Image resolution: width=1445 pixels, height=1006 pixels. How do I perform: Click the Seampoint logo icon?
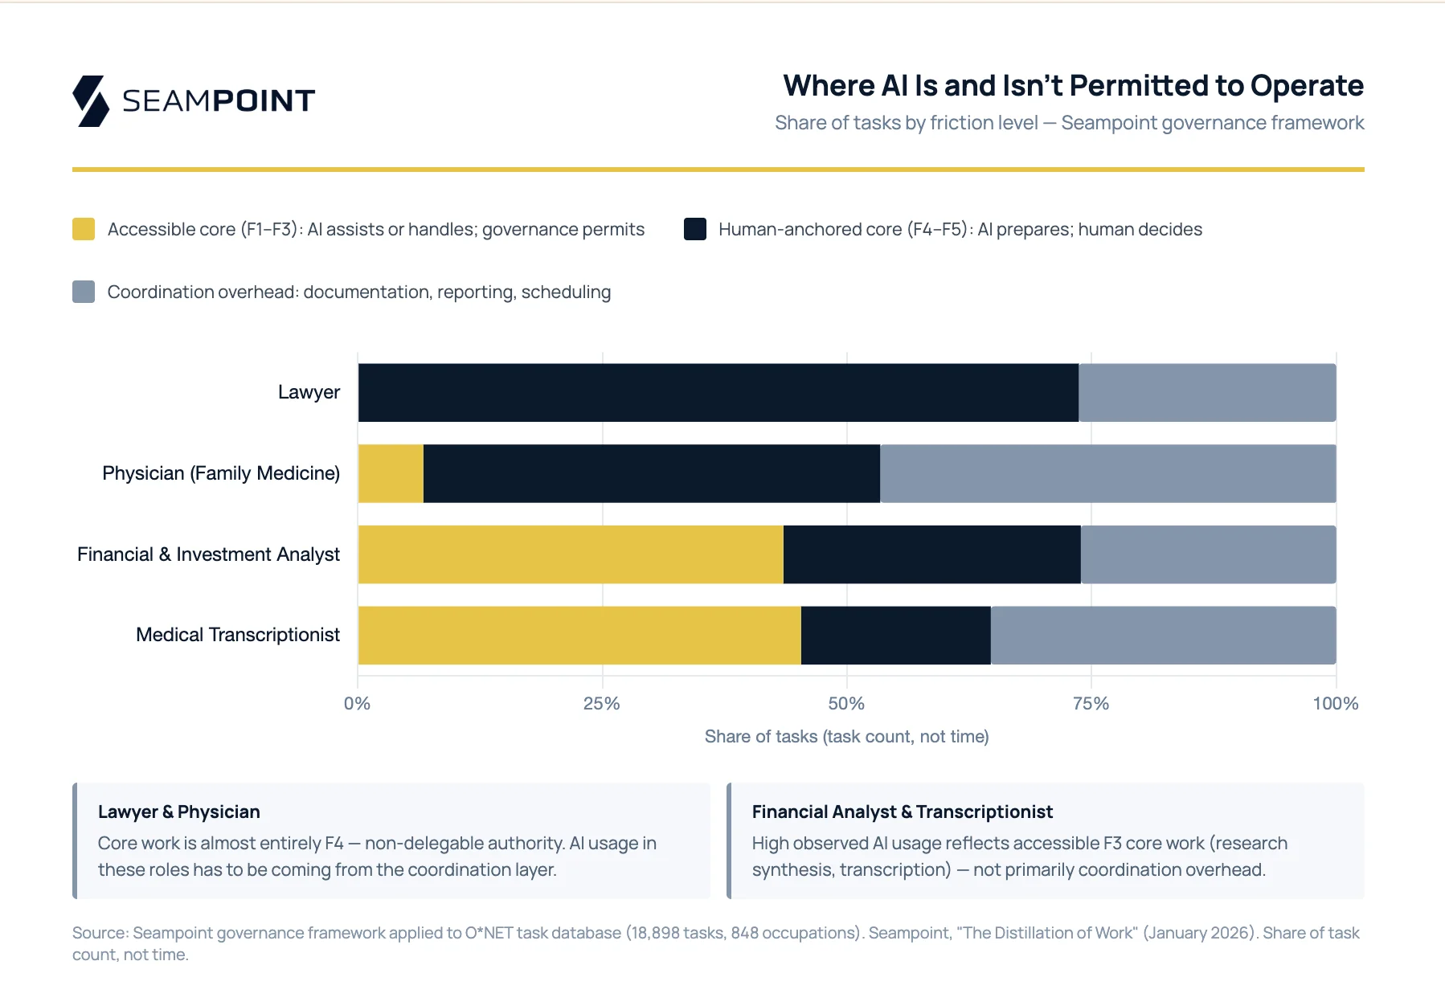91,101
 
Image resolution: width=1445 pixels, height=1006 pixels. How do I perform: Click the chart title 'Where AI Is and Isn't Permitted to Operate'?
1073,86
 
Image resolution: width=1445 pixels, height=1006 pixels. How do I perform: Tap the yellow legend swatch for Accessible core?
84,229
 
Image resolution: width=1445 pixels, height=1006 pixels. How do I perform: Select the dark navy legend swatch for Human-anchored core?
694,229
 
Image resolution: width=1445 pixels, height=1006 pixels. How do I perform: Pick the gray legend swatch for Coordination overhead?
84,292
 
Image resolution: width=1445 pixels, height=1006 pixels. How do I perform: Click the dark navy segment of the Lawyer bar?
718,393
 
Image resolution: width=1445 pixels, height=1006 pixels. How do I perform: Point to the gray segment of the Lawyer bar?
1207,393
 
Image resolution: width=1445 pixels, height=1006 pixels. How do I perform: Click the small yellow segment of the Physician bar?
391,474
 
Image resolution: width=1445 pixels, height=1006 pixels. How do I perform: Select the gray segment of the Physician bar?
1107,474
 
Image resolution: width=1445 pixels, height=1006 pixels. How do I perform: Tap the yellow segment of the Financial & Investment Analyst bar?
571,554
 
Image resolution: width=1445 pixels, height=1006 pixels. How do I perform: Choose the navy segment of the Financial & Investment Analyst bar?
931,554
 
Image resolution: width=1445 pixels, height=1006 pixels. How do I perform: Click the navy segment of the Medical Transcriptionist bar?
895,636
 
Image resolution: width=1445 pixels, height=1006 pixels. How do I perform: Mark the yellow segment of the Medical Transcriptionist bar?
579,636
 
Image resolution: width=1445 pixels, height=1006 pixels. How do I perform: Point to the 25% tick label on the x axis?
601,704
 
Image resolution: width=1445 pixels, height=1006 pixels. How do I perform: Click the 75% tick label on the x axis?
1091,704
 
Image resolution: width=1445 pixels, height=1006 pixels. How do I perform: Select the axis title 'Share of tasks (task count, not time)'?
846,737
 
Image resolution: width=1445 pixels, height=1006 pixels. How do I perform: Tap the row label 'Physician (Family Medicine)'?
221,473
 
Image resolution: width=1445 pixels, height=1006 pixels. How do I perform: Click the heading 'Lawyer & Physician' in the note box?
178,812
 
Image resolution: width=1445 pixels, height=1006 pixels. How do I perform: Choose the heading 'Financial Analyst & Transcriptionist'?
902,812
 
